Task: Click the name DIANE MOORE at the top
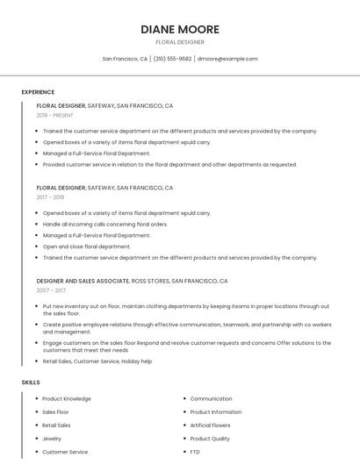[180, 29]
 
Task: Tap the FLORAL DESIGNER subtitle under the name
[180, 42]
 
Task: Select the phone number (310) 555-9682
[172, 59]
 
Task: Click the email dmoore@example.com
[227, 59]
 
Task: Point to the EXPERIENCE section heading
[38, 92]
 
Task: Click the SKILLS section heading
[31, 383]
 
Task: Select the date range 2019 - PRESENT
[55, 115]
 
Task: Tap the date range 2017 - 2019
[50, 197]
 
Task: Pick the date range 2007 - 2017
[51, 290]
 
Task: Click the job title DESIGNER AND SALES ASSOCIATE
[82, 281]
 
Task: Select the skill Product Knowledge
[67, 398]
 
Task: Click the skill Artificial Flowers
[211, 425]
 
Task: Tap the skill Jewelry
[52, 439]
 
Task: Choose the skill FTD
[195, 452]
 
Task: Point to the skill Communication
[211, 398]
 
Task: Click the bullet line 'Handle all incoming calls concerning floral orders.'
[104, 224]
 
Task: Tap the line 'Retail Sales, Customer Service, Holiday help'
[97, 361]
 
